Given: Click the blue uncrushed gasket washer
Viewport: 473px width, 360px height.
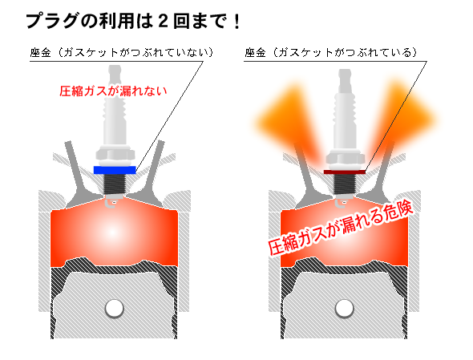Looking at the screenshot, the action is (x=115, y=170).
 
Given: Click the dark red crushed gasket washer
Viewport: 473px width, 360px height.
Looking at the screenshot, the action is (x=345, y=172).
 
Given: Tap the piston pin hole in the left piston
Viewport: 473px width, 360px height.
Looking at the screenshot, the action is (x=115, y=309).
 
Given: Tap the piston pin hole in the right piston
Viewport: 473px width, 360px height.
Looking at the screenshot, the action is (x=344, y=309).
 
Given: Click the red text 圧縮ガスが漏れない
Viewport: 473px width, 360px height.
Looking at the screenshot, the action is (x=113, y=91).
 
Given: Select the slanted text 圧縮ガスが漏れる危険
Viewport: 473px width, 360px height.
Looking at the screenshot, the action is (x=341, y=229).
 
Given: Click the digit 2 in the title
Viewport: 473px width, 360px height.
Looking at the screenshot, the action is (x=163, y=22).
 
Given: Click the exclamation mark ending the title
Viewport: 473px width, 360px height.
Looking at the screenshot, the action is (x=237, y=22).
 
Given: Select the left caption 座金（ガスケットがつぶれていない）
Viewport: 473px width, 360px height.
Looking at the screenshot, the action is (x=122, y=52).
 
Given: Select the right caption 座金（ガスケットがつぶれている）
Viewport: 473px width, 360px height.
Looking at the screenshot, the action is (x=331, y=52).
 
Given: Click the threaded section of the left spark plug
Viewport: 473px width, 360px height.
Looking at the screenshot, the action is (x=115, y=184).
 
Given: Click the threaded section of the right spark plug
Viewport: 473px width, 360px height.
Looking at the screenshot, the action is (x=344, y=184).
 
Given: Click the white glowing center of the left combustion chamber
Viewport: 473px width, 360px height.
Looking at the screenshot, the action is (x=112, y=233).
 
